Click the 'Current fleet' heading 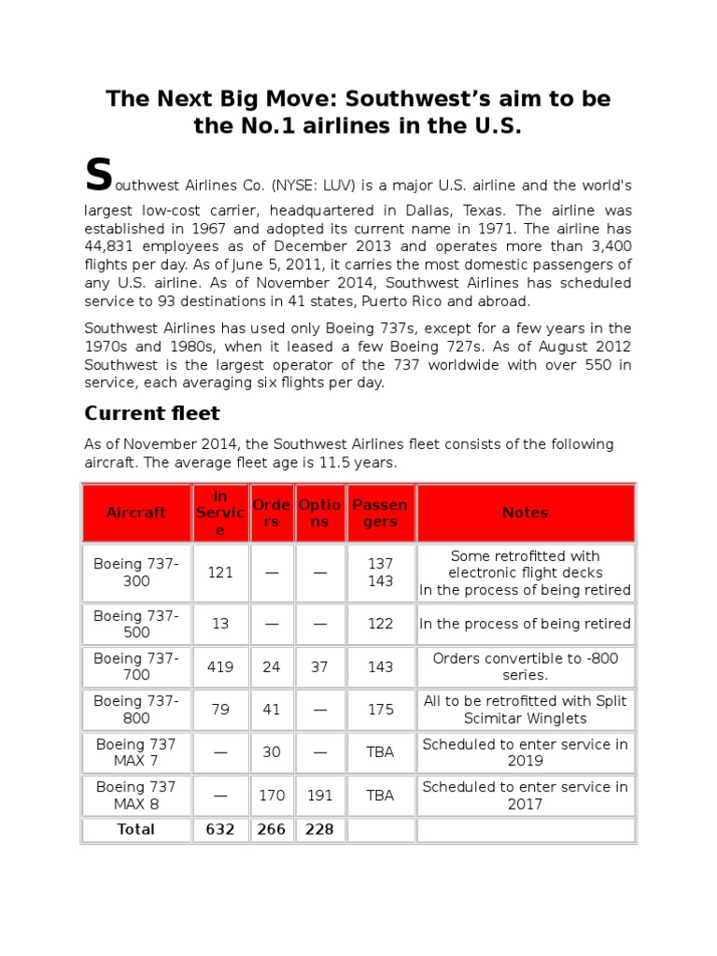point(152,413)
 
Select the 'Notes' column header point(525,513)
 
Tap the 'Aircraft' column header point(136,513)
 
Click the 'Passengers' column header point(380,513)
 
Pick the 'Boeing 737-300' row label point(136,572)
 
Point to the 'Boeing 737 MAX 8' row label point(136,795)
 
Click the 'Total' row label point(136,829)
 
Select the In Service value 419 point(220,668)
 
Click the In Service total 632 point(220,829)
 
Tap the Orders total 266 point(272,829)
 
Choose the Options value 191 point(319,795)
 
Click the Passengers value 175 point(380,710)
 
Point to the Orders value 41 point(272,710)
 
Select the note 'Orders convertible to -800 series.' point(525,667)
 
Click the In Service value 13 point(220,624)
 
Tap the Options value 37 point(319,668)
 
